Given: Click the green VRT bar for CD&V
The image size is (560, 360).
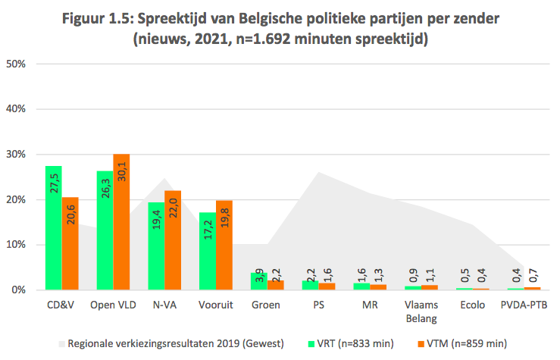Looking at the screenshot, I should tap(53, 227).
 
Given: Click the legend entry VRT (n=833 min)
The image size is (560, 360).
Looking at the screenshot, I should tap(355, 343).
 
